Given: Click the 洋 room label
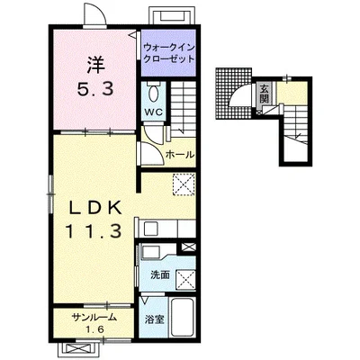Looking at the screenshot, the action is pyautogui.click(x=96, y=65).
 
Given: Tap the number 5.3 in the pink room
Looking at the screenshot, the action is pyautogui.click(x=95, y=89).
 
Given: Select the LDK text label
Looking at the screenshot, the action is pyautogui.click(x=95, y=207).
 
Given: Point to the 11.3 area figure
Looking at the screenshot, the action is pyautogui.click(x=94, y=231).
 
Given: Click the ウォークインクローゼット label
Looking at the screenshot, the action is pyautogui.click(x=169, y=53).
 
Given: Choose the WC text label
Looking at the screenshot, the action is pyautogui.click(x=154, y=112).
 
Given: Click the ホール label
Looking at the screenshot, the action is pyautogui.click(x=180, y=155).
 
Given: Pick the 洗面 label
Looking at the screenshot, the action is pyautogui.click(x=160, y=274).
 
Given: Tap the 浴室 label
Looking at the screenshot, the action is pyautogui.click(x=155, y=319).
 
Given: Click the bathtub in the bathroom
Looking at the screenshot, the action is pyautogui.click(x=183, y=319).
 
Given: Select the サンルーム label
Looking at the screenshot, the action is pyautogui.click(x=94, y=317).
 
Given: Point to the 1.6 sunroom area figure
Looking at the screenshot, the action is pyautogui.click(x=95, y=330).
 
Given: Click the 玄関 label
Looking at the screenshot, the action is pyautogui.click(x=264, y=94).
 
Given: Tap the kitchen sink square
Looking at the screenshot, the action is pyautogui.click(x=151, y=229).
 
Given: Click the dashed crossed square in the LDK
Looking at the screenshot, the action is pyautogui.click(x=184, y=184).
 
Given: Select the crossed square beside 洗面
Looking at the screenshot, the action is pyautogui.click(x=186, y=280).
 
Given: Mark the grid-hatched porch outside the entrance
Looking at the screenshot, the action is pyautogui.click(x=234, y=94).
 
